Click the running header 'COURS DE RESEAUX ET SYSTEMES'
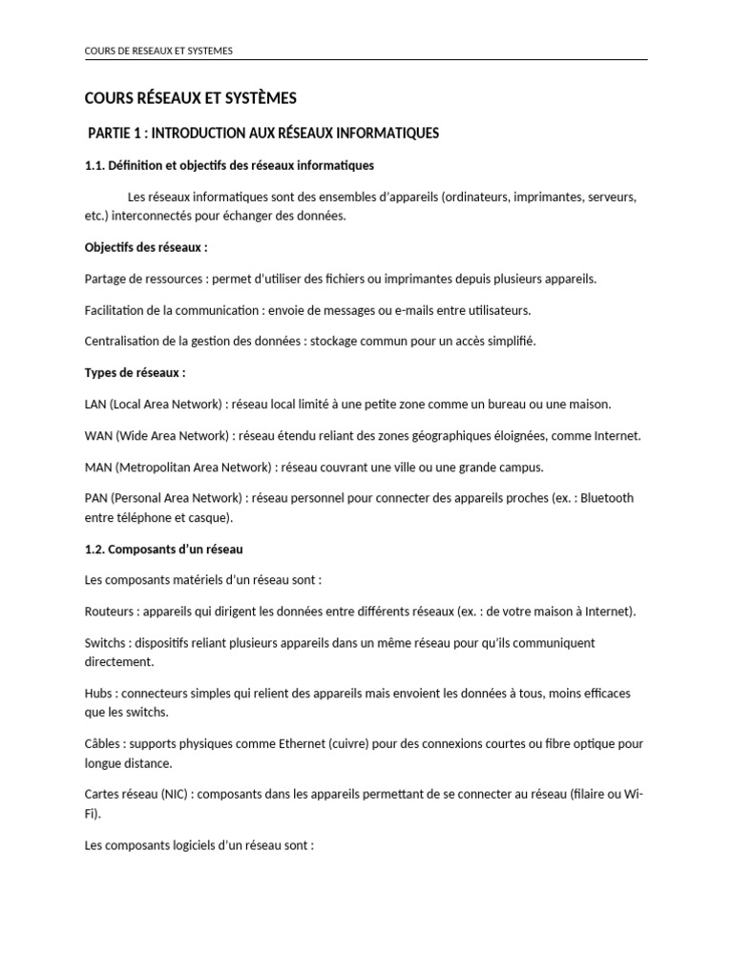click(x=158, y=51)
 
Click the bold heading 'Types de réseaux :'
click(x=136, y=372)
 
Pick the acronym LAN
click(x=96, y=404)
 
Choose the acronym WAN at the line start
click(x=98, y=435)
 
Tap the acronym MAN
click(x=98, y=467)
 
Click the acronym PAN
click(x=96, y=498)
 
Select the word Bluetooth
click(x=606, y=498)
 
